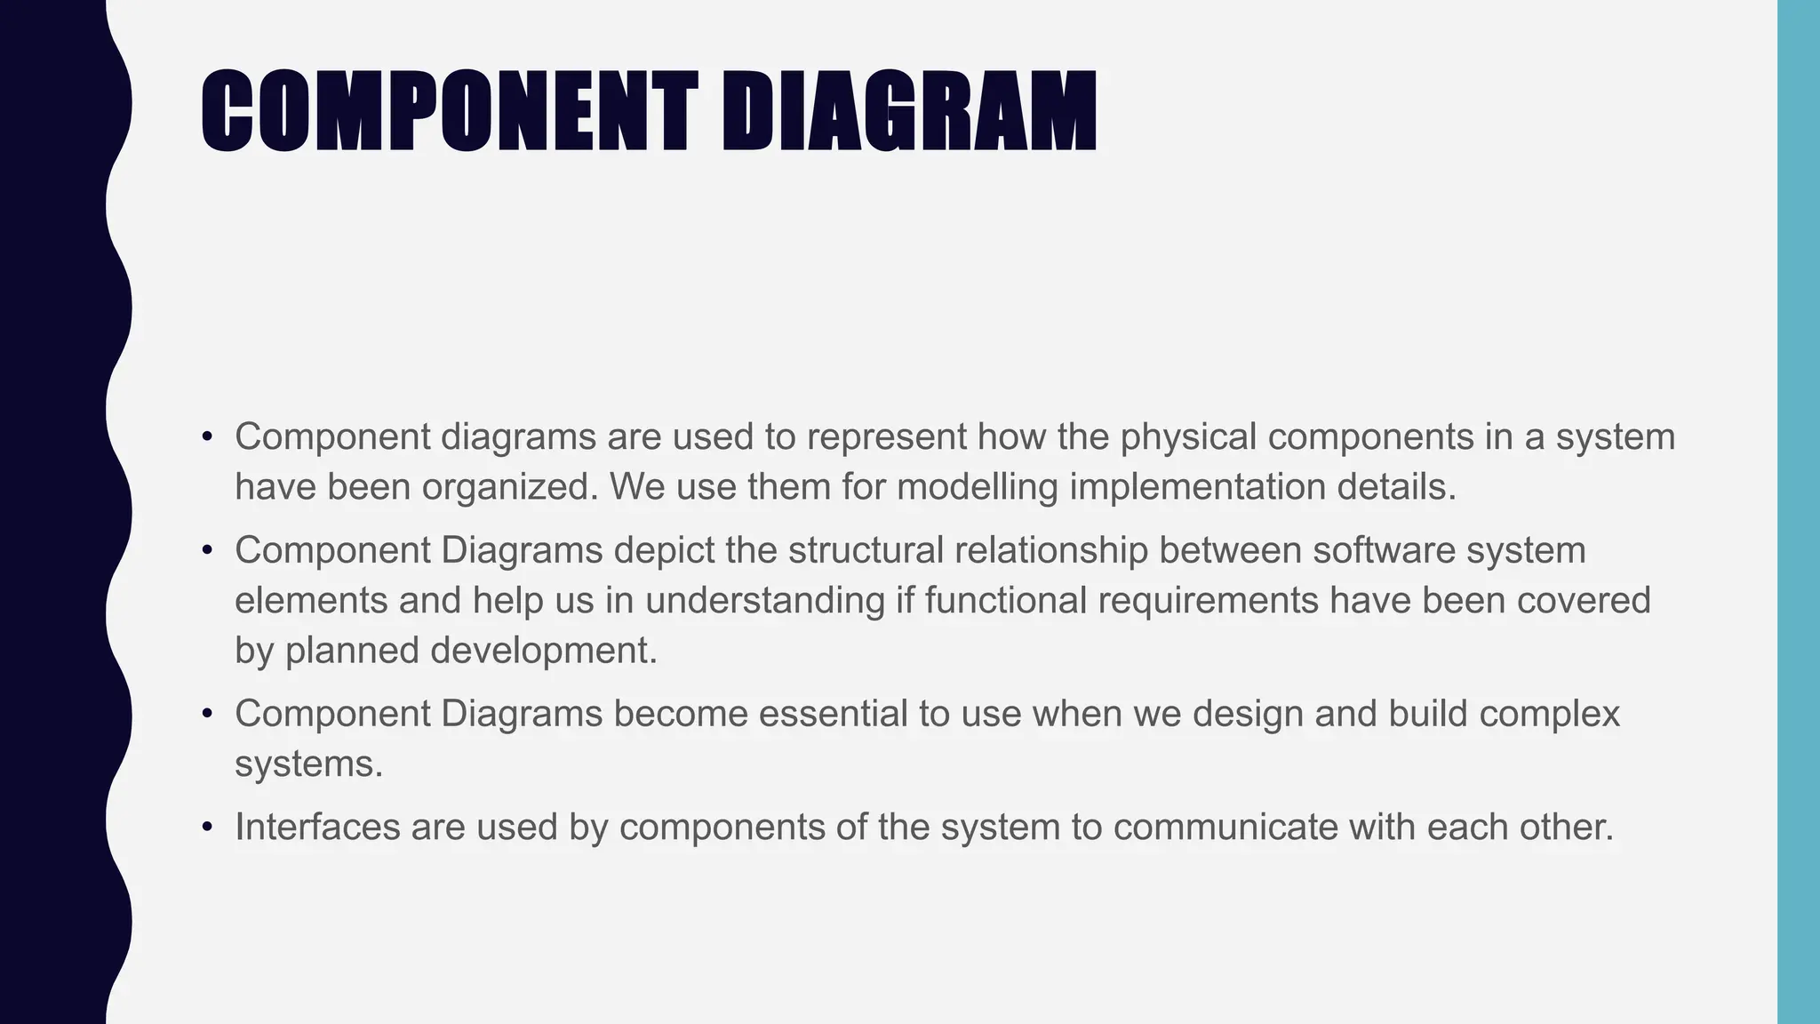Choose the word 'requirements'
click(1208, 602)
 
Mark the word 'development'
click(543, 652)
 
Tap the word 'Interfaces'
click(316, 827)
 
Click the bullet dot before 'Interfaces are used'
click(207, 828)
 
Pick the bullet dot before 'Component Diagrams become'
click(207, 715)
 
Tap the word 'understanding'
click(765, 602)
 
